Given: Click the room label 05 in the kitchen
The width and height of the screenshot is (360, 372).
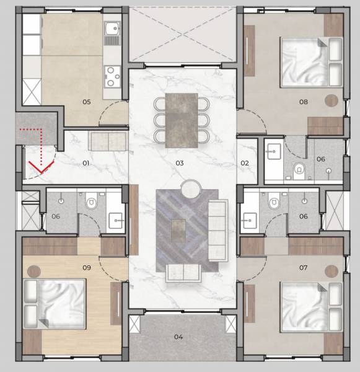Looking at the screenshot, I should point(86,101).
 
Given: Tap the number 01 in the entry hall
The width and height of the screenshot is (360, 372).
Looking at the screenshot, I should point(86,163).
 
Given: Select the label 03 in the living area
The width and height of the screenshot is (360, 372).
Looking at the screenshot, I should point(180,163).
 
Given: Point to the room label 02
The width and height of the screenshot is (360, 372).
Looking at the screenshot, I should point(245,163).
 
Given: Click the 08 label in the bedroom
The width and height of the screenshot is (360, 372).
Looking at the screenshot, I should point(304,101).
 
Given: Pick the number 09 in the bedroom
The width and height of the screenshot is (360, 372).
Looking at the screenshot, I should point(87,268).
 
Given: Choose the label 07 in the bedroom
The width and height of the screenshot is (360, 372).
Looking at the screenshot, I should point(304,268).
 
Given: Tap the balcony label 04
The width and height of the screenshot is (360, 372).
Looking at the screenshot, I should point(178,337).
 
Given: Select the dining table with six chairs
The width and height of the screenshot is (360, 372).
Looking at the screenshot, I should point(182,120).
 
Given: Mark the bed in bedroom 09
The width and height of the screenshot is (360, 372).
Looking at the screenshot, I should point(55,301).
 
